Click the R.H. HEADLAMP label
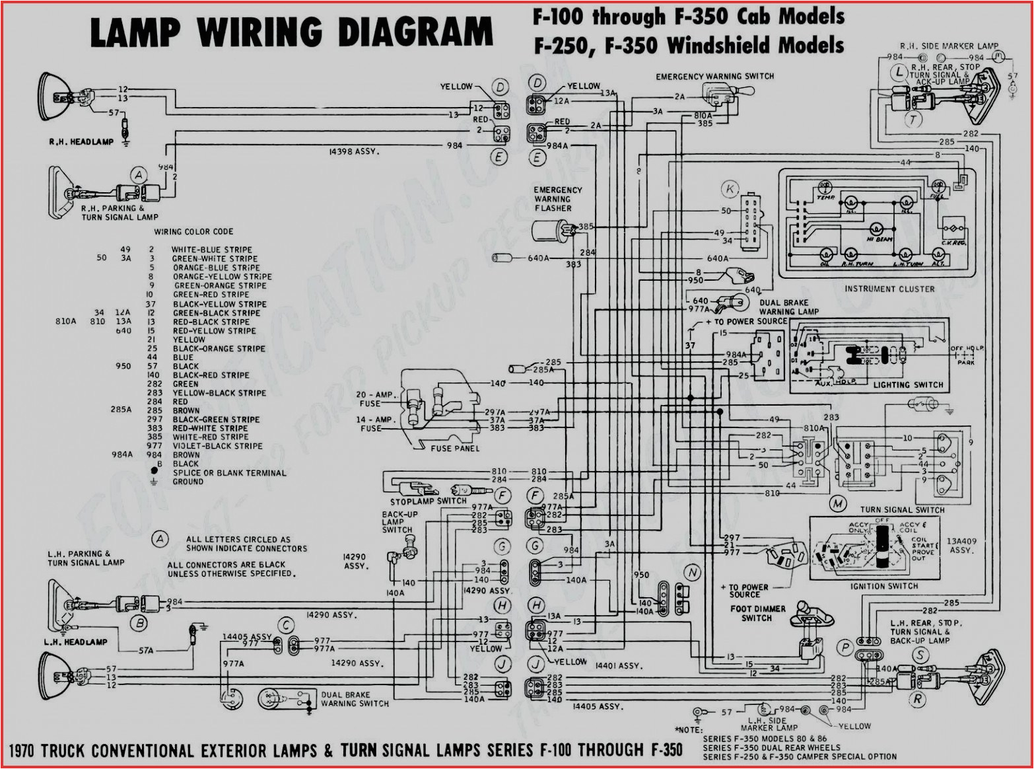pyautogui.click(x=81, y=142)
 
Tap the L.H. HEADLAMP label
pyautogui.click(x=75, y=641)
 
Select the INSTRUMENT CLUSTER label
pyautogui.click(x=889, y=289)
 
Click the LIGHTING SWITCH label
pyautogui.click(x=908, y=384)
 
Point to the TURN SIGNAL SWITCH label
pyautogui.click(x=902, y=509)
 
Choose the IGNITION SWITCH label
pyautogui.click(x=883, y=586)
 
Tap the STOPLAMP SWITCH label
pyautogui.click(x=428, y=501)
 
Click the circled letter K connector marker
pyautogui.click(x=730, y=190)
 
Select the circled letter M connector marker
pyautogui.click(x=838, y=504)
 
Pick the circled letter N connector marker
pyautogui.click(x=692, y=573)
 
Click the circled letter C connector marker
pyautogui.click(x=286, y=625)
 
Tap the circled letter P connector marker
pyautogui.click(x=845, y=649)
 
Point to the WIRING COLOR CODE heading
pyautogui.click(x=193, y=232)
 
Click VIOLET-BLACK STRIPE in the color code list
pyautogui.click(x=217, y=446)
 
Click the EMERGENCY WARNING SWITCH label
pyautogui.click(x=714, y=77)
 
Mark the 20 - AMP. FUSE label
pyautogui.click(x=374, y=399)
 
